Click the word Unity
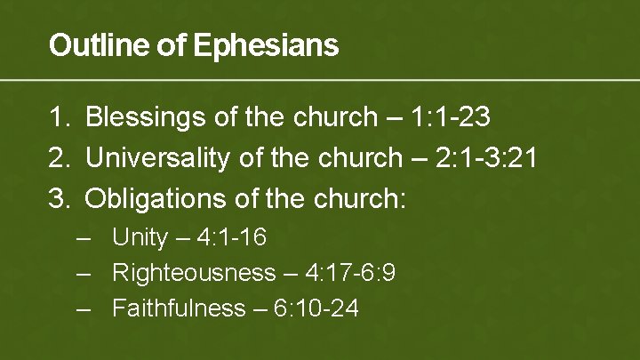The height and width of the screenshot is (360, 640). [140, 238]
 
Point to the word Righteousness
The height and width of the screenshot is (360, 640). [194, 273]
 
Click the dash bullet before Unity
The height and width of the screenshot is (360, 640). [84, 238]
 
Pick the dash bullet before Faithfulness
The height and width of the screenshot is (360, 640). [84, 308]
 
